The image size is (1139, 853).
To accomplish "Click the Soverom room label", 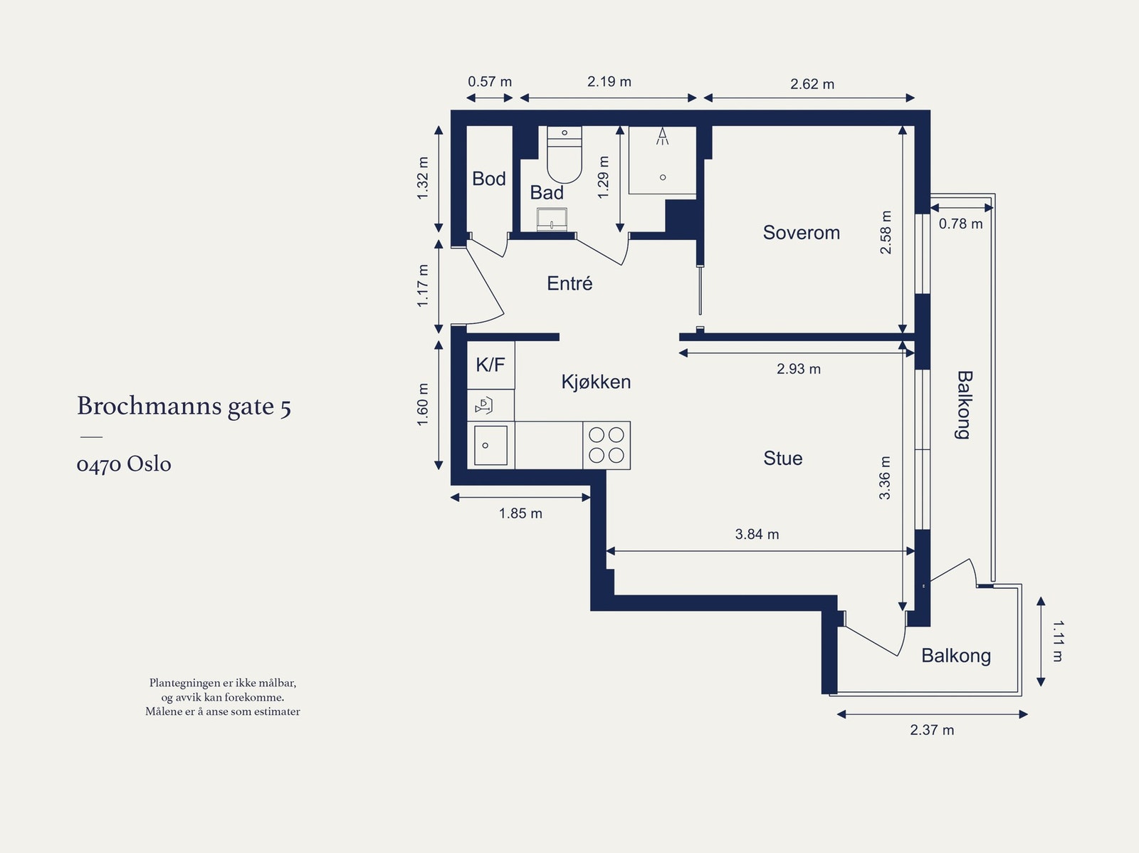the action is (x=801, y=232).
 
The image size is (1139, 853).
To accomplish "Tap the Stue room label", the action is (x=783, y=458).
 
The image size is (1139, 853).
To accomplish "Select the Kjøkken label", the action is (x=597, y=382).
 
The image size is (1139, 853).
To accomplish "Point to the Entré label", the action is (x=569, y=283).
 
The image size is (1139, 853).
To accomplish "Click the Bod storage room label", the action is (x=489, y=179).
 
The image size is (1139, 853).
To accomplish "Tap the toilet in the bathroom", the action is (x=565, y=155).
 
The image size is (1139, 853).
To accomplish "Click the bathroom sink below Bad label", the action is (x=552, y=219).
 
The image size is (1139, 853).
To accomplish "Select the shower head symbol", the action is (x=662, y=136).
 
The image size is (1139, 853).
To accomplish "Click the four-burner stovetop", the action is (x=607, y=445).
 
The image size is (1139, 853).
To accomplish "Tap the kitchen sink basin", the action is (x=490, y=446).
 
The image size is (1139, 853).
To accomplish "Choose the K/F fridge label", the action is (x=490, y=365).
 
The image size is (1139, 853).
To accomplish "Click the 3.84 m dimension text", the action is (x=757, y=534).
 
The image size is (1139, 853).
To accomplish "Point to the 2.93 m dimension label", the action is (x=799, y=369).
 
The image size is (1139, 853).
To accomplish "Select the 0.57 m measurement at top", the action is (x=490, y=81).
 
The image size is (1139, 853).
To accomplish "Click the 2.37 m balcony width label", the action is (x=932, y=730).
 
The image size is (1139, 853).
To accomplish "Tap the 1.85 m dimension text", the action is (x=520, y=513).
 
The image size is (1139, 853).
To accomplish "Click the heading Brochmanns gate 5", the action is (x=184, y=407).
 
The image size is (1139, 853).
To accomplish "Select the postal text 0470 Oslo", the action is (x=124, y=464).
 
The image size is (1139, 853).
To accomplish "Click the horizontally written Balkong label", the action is (x=956, y=656).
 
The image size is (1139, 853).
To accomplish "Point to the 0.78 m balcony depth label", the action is (x=960, y=224).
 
